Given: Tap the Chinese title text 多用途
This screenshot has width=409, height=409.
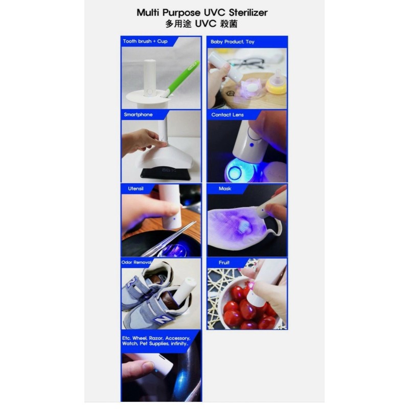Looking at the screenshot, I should [179, 24].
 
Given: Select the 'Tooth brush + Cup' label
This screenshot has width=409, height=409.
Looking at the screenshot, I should [145, 41].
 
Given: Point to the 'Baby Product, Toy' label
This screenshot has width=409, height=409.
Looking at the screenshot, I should [232, 41].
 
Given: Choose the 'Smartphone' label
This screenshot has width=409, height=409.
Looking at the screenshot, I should [138, 115].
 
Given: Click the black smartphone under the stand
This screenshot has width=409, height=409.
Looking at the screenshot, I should [165, 172].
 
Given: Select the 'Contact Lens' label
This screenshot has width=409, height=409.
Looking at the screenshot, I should [228, 115].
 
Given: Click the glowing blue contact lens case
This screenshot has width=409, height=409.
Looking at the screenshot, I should [236, 172].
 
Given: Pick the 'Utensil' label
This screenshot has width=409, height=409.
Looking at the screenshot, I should [135, 189].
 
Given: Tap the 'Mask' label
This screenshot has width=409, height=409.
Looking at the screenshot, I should [225, 189].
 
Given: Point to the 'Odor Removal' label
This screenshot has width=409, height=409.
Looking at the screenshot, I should [137, 262].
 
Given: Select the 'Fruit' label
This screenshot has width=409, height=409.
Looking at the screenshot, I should [224, 262].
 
